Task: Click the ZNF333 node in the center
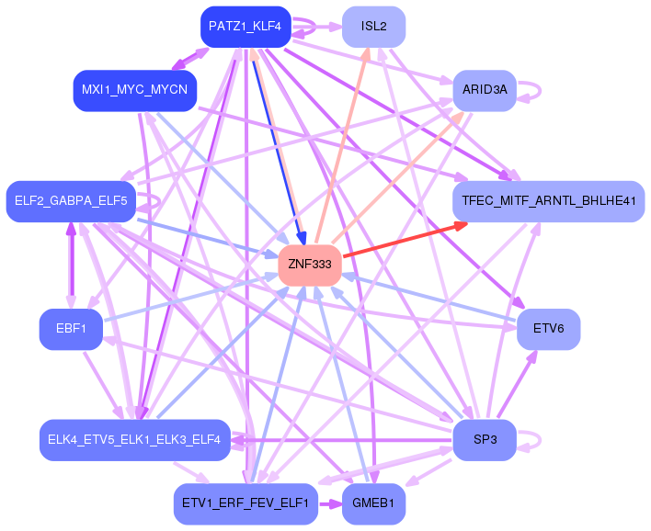tap(310, 265)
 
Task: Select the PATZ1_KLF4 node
tap(246, 27)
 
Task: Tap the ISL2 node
tap(373, 27)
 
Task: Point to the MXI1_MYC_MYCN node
tap(135, 90)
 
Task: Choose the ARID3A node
tap(485, 90)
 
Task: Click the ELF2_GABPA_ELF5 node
tap(71, 201)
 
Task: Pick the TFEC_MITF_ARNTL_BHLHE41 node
tap(548, 201)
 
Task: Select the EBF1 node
tap(71, 329)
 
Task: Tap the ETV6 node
tap(548, 329)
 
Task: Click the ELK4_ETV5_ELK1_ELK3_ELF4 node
tap(135, 440)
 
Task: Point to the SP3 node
tap(485, 440)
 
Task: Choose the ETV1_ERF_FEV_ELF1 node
tap(246, 503)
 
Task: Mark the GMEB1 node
tap(373, 503)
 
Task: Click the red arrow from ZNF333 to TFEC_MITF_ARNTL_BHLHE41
tap(405, 240)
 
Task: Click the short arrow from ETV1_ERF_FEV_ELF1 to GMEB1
tap(330, 504)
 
